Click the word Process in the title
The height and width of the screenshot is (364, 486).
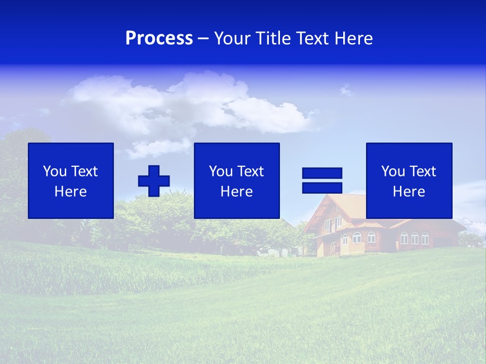point(159,38)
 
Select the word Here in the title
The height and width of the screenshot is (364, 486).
point(353,38)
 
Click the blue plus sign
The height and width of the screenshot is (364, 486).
point(154,180)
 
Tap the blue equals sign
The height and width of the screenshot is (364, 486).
point(322,180)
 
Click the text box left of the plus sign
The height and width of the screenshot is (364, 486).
point(71,180)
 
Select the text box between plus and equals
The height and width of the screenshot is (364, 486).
point(236,180)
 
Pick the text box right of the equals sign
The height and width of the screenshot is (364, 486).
point(409,180)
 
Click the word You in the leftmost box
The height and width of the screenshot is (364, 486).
point(55,171)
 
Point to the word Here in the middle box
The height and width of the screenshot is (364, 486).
point(236,192)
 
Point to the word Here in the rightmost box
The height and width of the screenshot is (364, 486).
point(409,192)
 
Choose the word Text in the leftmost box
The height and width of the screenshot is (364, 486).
point(85,171)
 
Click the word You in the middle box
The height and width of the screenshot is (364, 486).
point(221,171)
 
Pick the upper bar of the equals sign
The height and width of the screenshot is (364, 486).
point(322,173)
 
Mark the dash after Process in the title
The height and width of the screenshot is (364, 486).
point(204,38)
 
